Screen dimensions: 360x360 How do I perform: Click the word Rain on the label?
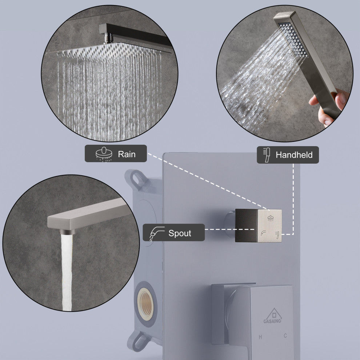coord(127,154)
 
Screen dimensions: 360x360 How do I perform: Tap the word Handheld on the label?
coord(294,155)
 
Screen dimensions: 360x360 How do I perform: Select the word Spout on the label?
coord(180,233)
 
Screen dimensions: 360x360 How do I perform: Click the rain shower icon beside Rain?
coord(104,153)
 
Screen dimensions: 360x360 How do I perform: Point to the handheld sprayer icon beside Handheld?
coord(267,155)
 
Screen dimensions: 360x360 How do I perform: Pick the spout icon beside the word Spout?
coord(157,233)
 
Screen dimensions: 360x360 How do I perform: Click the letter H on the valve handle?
coord(260,337)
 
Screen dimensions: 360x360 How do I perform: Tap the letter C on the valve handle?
coord(285,336)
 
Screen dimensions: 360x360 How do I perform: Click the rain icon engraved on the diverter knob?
coord(271,218)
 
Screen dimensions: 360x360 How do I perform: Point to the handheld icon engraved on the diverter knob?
coord(277,235)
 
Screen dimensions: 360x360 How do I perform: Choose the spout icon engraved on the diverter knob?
coord(263,233)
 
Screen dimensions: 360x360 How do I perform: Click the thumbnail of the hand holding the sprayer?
coord(285,73)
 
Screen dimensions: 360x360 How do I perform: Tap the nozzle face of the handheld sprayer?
coord(293,40)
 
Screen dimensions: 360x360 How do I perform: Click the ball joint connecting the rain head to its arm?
coord(108,38)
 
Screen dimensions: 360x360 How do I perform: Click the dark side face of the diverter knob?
coord(246,225)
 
